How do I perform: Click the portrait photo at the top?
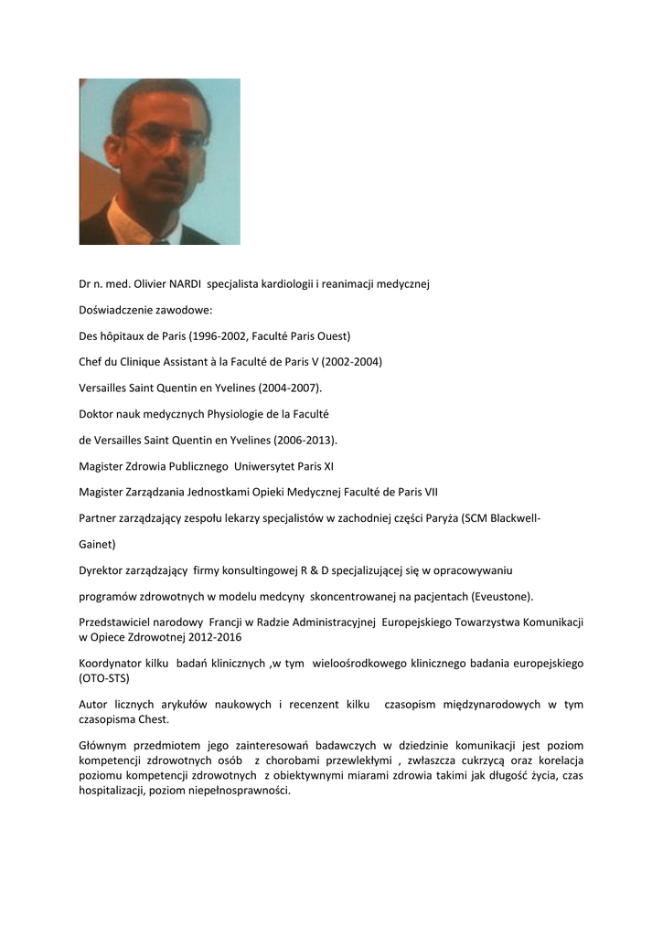(x=159, y=161)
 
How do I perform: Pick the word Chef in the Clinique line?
(x=92, y=361)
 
